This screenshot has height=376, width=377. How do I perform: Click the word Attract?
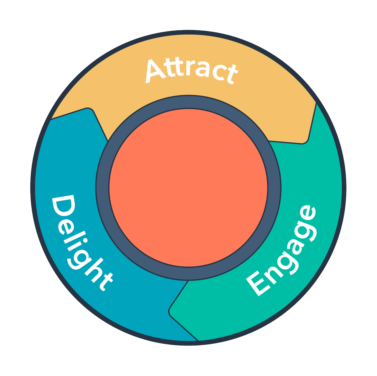191,71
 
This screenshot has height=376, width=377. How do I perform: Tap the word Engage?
281,251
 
